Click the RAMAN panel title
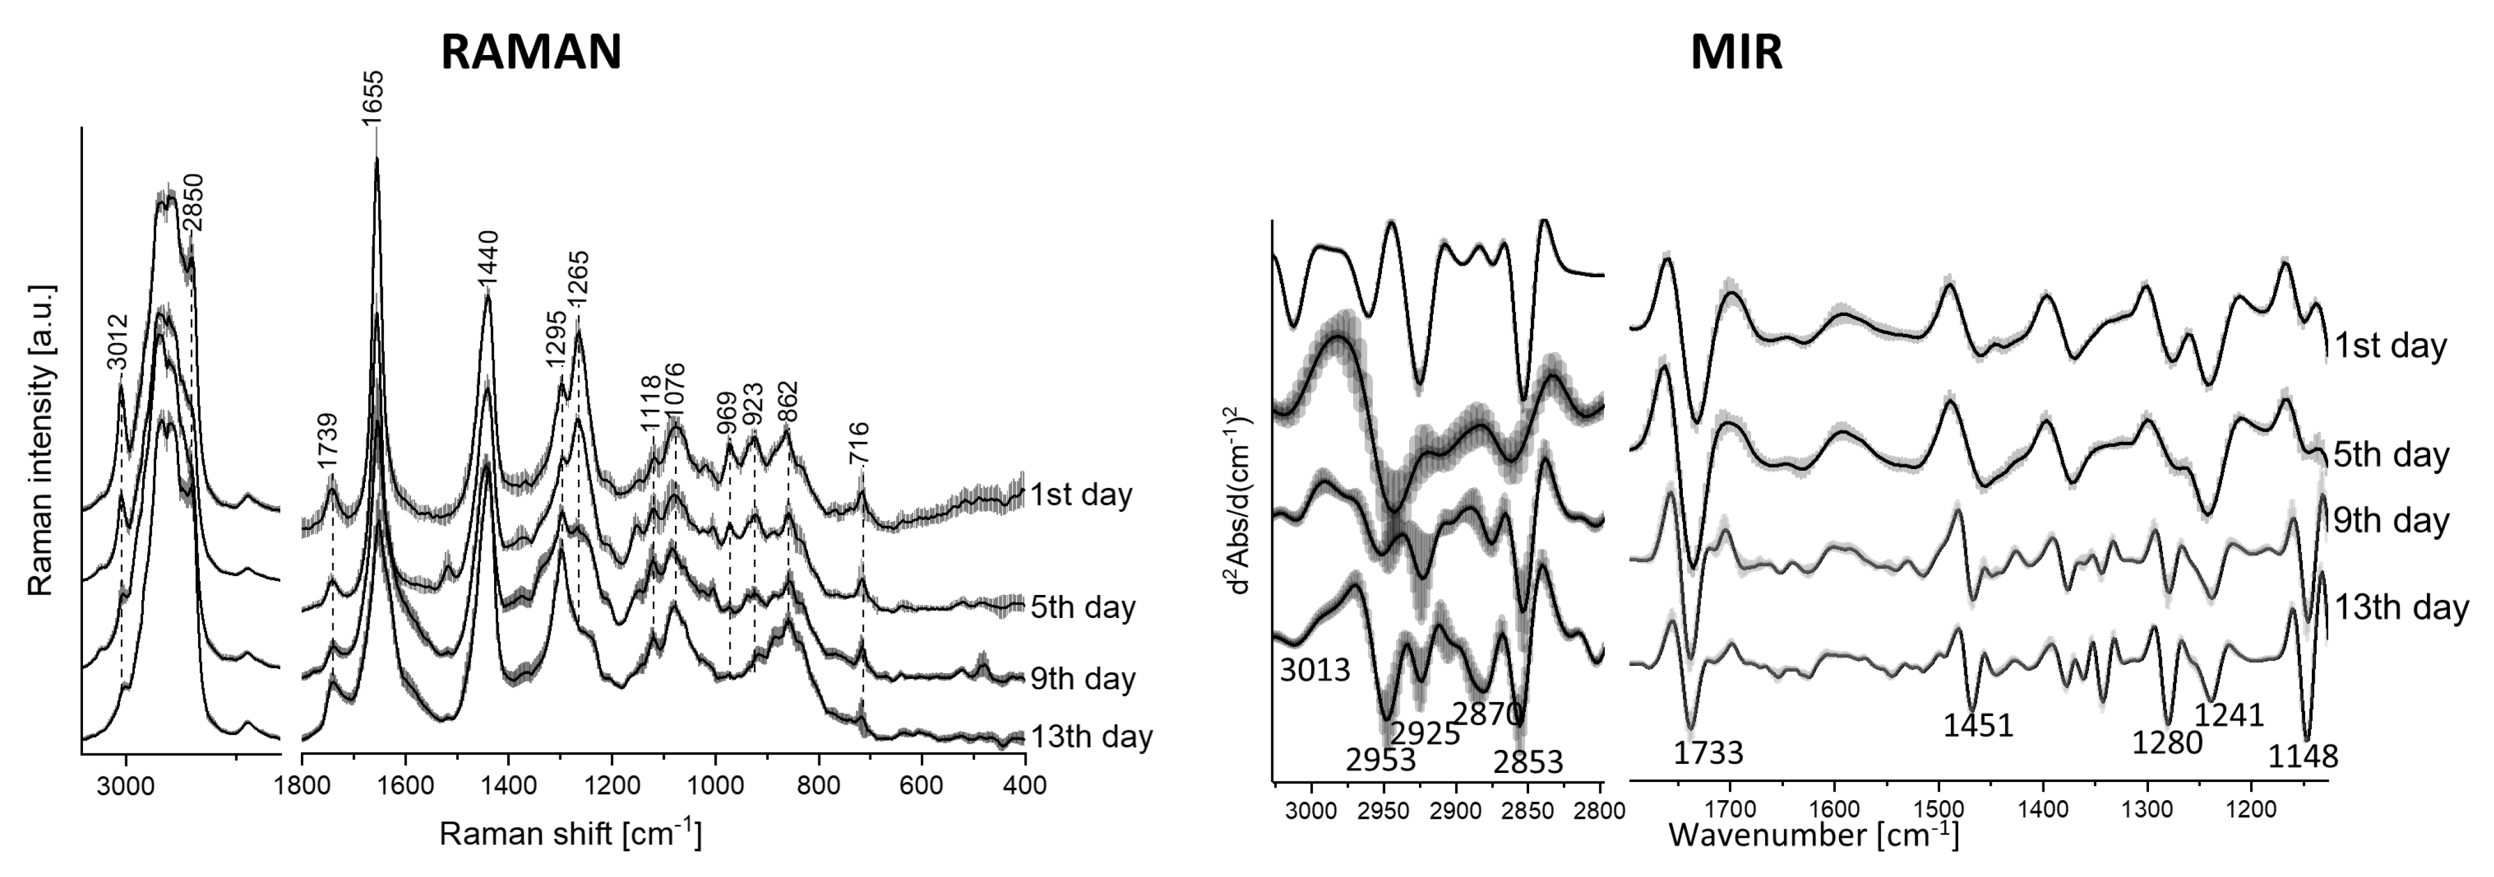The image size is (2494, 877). [x=530, y=51]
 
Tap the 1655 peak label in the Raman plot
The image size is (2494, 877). [x=373, y=97]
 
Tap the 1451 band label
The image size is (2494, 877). [x=1978, y=725]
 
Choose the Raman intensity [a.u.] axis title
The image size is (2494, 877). [x=40, y=441]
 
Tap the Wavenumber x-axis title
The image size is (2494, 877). [x=1812, y=833]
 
